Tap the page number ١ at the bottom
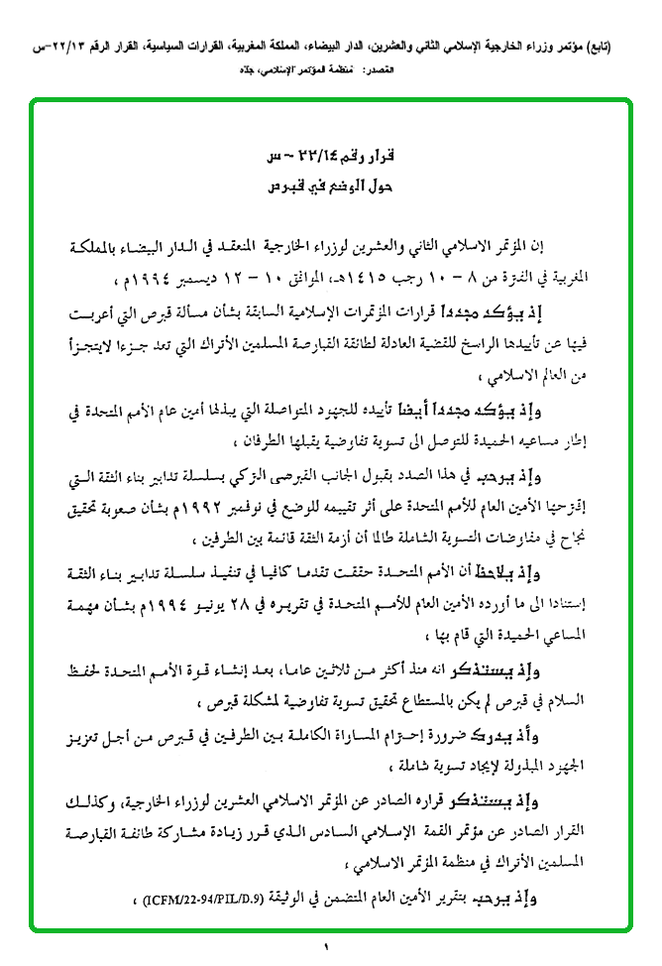(326, 949)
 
